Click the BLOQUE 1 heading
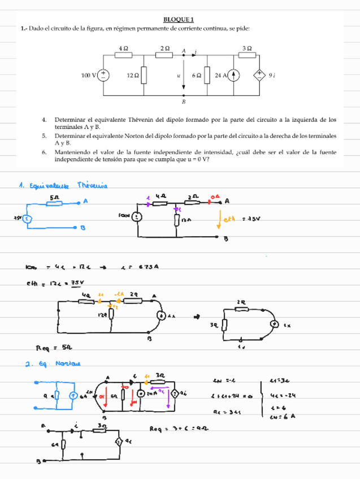click(179, 20)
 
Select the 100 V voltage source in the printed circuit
click(104, 75)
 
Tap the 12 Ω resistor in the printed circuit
click(144, 75)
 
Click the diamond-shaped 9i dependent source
click(261, 75)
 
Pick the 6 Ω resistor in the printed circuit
click(207, 75)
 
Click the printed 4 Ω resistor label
click(124, 49)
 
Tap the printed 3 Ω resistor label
click(247, 49)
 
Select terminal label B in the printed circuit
click(184, 102)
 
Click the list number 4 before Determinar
click(44, 120)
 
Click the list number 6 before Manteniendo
click(44, 152)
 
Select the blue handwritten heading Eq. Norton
click(51, 364)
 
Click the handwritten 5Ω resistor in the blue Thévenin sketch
click(54, 203)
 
